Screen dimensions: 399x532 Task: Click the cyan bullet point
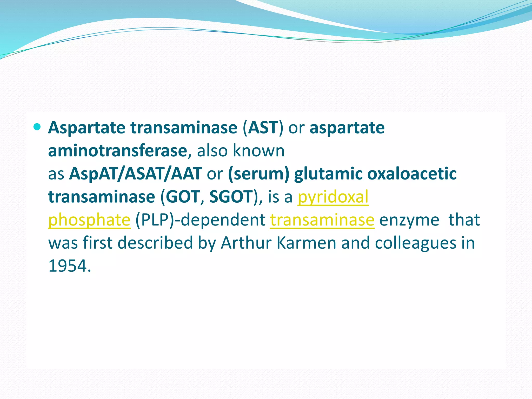pos(37,127)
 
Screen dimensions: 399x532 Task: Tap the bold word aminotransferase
pos(118,151)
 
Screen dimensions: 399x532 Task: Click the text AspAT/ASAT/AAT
pos(135,174)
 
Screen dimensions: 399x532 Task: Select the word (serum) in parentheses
pos(258,174)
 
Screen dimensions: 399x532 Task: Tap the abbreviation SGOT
pos(231,197)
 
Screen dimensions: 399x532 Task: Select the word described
pos(155,243)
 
